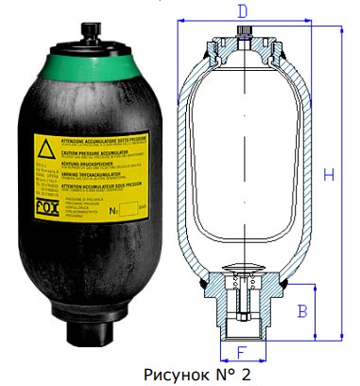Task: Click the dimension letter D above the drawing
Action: (x=243, y=12)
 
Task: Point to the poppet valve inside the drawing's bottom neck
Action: (x=242, y=284)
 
